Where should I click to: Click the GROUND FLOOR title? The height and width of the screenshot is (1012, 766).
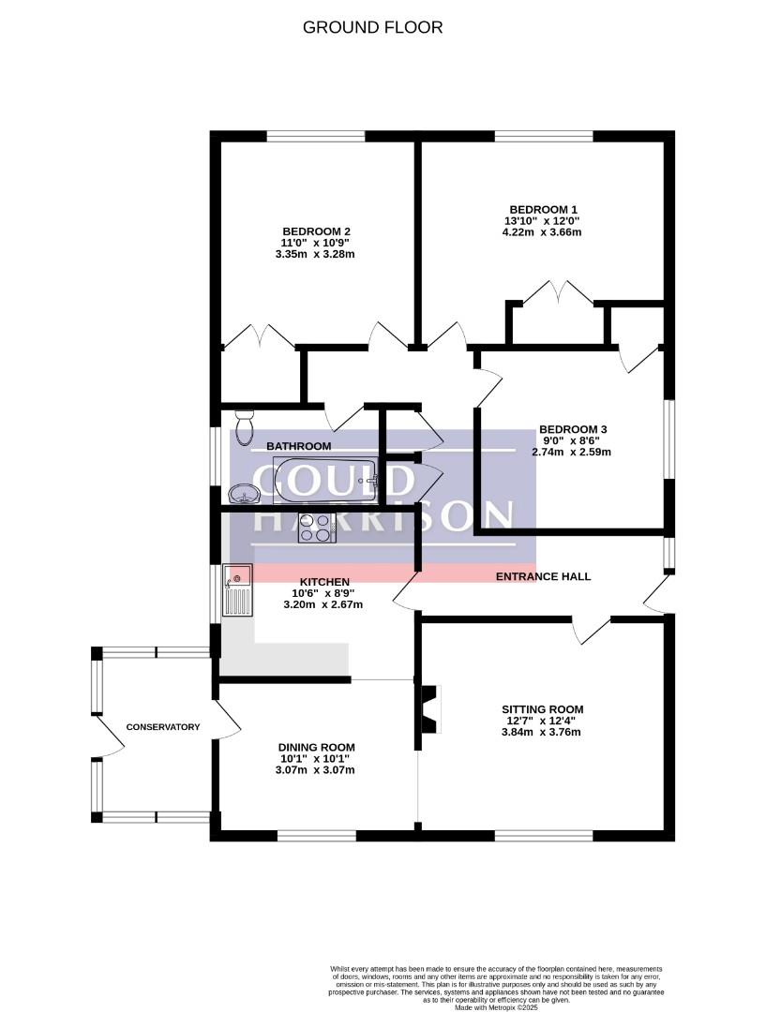(372, 28)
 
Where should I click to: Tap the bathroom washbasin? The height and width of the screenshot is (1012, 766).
(244, 494)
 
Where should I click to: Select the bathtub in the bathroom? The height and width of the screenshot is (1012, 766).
(325, 480)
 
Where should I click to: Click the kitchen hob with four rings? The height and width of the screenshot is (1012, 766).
(317, 528)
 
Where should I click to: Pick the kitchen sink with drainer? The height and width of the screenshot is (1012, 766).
(237, 590)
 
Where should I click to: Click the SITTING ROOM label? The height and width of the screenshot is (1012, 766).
(542, 709)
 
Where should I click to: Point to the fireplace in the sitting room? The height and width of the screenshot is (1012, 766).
(430, 708)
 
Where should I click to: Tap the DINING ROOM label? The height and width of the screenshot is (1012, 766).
(316, 748)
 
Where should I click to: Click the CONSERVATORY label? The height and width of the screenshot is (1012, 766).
(163, 727)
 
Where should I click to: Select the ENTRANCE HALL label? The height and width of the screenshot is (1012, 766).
(543, 576)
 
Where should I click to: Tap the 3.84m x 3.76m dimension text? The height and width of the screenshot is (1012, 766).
(541, 732)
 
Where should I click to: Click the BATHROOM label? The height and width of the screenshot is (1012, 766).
(299, 446)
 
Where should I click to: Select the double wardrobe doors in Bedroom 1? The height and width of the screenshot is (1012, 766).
(557, 291)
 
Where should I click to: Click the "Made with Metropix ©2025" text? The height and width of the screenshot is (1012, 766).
(496, 1006)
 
